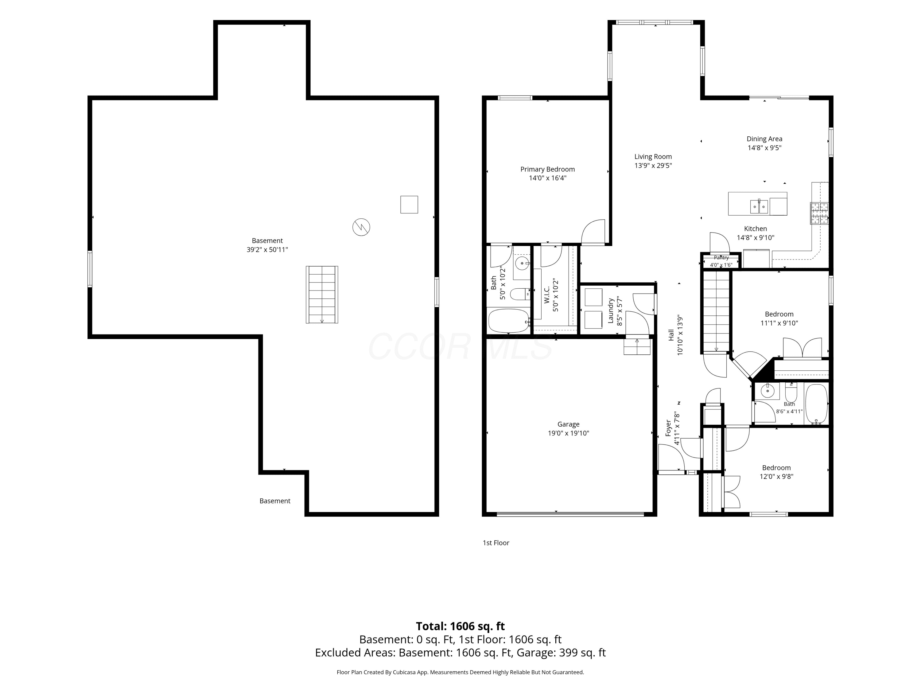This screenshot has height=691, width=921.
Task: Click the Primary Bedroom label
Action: pos(547,169)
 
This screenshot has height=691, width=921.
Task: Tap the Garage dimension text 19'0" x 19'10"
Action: pos(568,433)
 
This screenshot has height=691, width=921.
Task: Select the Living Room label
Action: pos(653,157)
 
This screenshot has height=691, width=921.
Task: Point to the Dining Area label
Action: pos(764,139)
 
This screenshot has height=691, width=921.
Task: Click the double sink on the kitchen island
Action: pos(759,206)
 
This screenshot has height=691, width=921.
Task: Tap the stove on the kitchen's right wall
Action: pos(819,213)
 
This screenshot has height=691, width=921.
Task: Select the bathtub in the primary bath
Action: pos(508,320)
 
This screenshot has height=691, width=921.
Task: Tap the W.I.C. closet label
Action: pos(547,295)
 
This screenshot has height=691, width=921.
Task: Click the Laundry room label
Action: pos(611,310)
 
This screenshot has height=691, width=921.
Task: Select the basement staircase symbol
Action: pos(322,295)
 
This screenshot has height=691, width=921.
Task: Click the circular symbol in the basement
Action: pos(361,227)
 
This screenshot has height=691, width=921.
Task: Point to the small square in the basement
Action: pos(409,205)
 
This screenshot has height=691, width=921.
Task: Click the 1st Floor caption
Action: pos(496,543)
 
